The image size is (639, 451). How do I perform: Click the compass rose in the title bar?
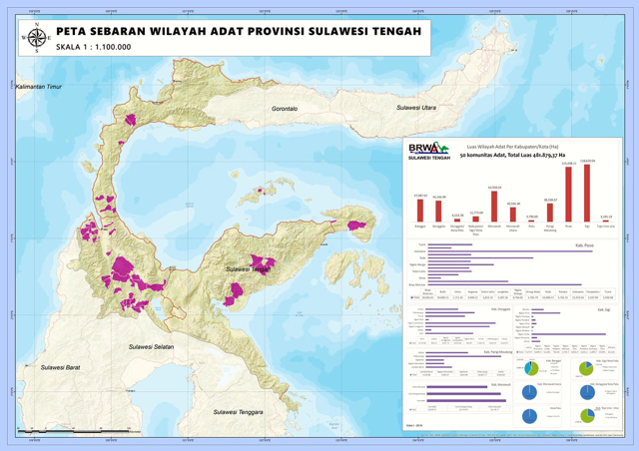[37, 38]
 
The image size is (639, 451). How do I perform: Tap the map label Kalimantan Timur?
[39, 88]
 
